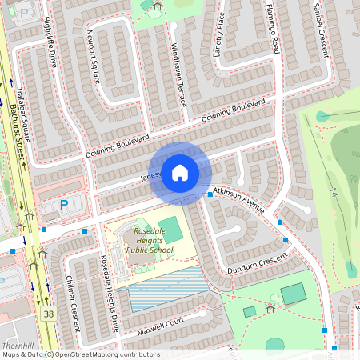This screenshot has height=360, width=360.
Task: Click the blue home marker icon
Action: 180,172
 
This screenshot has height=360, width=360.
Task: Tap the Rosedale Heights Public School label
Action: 149,239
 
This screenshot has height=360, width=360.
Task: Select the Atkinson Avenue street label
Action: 238,200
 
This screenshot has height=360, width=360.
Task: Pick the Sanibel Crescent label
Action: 321,30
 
